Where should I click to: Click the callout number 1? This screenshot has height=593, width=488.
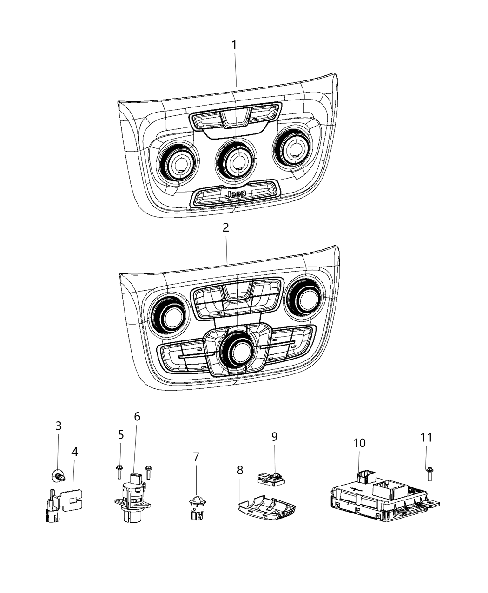point(234,45)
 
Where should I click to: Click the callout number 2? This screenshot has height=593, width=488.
point(226,228)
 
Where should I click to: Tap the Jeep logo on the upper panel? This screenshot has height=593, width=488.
point(235,194)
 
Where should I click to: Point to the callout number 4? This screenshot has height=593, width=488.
point(74,451)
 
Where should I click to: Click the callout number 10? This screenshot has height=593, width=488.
point(359,443)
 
